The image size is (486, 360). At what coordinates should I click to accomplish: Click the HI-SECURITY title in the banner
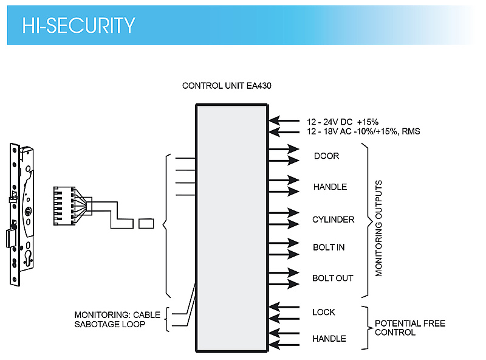coord(78,26)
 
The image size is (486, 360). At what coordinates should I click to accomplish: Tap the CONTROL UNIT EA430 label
coord(227,86)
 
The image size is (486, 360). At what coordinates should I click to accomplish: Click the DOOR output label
coord(326,156)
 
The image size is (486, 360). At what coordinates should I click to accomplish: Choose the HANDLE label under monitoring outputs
coord(330,187)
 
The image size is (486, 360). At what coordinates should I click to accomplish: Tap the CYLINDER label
coord(333,220)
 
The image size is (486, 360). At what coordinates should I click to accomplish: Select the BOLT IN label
coord(329,247)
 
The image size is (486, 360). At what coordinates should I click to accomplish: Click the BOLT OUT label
coord(332,278)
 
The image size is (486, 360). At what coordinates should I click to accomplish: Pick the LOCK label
coord(323,312)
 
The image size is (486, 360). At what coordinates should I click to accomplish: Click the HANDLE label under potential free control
coord(329,339)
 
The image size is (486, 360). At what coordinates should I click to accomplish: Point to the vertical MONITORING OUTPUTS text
coord(379,228)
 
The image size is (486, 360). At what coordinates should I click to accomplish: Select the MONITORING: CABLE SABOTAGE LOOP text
coord(117,319)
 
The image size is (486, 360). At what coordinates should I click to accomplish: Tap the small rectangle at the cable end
coord(146,223)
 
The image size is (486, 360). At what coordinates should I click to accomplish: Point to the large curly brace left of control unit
coord(166,225)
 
